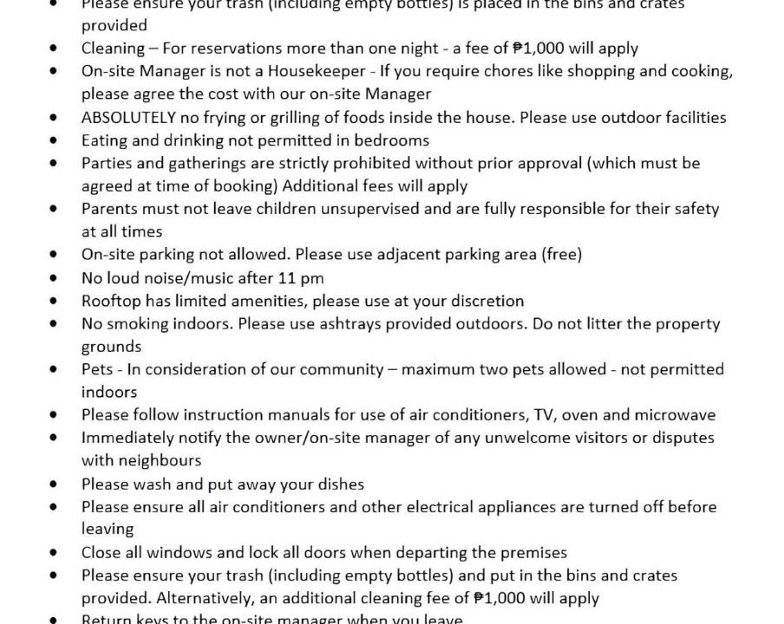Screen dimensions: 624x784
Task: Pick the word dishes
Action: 340,484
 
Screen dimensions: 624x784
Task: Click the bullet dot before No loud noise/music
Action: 56,278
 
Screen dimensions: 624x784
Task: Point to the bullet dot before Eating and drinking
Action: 56,140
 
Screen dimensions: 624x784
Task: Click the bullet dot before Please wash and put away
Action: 56,484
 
